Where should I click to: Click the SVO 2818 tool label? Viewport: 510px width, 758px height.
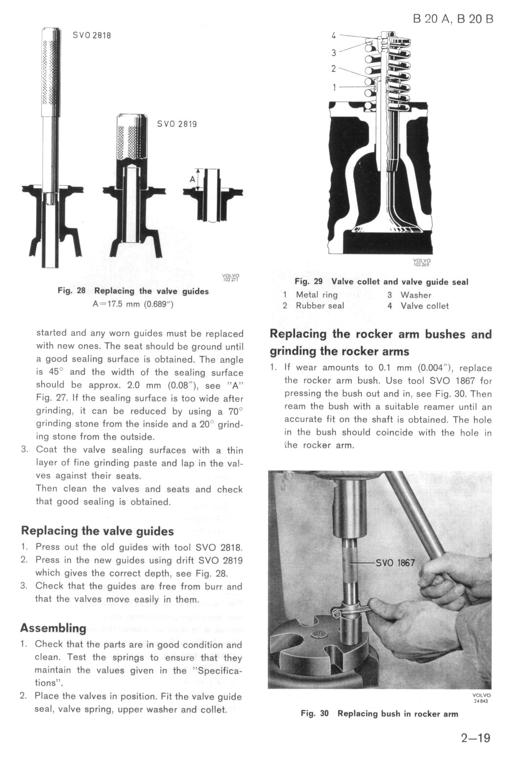(92, 35)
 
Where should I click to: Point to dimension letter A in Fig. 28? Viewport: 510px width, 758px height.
(192, 179)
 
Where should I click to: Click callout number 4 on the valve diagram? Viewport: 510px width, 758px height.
(334, 35)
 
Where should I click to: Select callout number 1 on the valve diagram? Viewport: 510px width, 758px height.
(334, 87)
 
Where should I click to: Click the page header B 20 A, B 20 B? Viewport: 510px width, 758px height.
(453, 19)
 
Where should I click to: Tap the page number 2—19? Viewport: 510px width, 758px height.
(475, 737)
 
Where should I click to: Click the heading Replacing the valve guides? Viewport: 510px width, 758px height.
(97, 531)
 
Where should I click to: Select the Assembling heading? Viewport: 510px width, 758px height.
(53, 628)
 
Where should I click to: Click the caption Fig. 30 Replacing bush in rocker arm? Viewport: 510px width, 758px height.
(380, 714)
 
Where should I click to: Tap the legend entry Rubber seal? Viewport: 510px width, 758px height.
(319, 306)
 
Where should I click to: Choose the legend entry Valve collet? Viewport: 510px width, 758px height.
(424, 306)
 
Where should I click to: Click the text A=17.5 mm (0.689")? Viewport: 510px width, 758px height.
(133, 304)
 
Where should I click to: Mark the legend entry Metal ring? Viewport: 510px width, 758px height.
(317, 295)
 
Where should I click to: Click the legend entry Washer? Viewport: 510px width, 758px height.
(416, 295)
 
